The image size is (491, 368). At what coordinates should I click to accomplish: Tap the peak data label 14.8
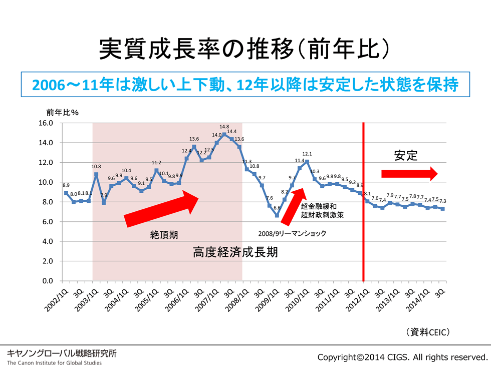point(224,127)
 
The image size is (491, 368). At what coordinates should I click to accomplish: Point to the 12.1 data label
point(307,154)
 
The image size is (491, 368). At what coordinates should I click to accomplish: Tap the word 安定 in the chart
point(405,156)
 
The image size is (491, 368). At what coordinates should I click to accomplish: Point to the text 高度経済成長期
point(235,252)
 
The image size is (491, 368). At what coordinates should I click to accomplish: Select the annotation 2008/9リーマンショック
point(292,233)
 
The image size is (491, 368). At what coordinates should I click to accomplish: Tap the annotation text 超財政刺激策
point(322,216)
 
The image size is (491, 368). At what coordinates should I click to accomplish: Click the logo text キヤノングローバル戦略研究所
point(62,353)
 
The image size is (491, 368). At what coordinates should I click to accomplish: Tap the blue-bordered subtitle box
point(245,85)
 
